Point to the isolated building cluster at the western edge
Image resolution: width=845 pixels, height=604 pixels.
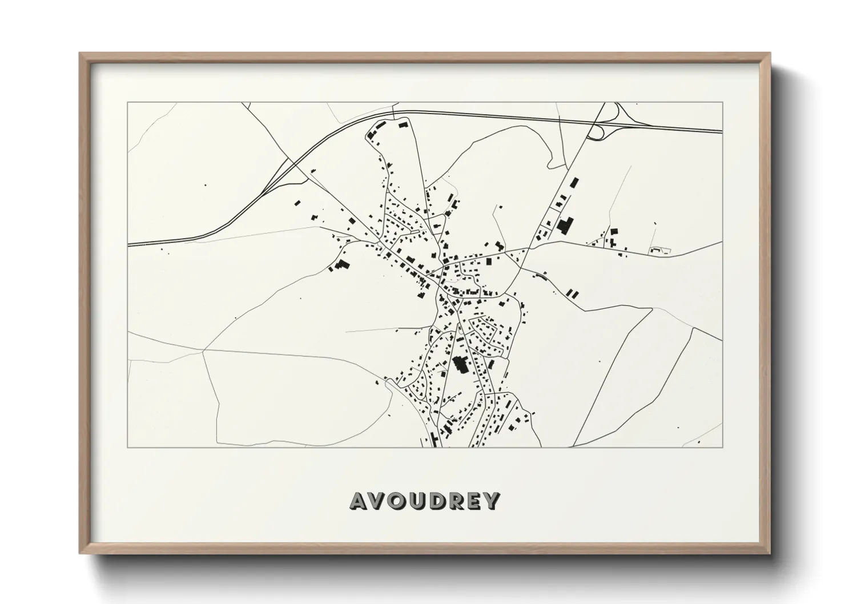click(341, 265)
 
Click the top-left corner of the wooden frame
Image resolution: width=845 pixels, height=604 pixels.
click(80, 53)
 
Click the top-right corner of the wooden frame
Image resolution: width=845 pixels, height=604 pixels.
click(770, 53)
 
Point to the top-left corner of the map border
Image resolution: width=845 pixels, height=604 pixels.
click(127, 102)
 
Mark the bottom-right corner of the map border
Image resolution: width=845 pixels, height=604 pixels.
click(723, 448)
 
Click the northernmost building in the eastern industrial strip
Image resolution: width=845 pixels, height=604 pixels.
click(573, 183)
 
